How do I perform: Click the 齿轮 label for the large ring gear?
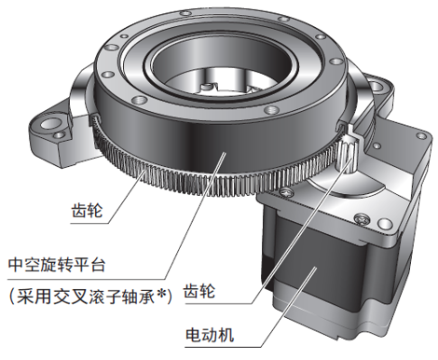coord(87,210)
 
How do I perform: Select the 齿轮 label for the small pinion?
coord(199,291)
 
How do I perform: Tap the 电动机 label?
coord(209,335)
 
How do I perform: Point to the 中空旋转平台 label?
coord(57,265)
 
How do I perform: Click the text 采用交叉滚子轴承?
coord(86,297)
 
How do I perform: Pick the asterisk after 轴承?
coord(160,294)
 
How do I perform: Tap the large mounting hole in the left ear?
coord(49,125)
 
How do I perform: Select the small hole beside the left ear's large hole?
coord(59,135)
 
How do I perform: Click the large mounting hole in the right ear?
coord(376,86)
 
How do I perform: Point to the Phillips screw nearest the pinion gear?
coord(285,193)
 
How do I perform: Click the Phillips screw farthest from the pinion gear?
coord(363,219)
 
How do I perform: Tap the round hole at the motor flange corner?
coord(384,224)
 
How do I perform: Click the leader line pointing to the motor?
coord(289,307)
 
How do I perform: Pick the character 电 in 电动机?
coord(193,335)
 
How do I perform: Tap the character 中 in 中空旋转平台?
coord(16,265)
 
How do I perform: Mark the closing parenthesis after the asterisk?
coord(169,297)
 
